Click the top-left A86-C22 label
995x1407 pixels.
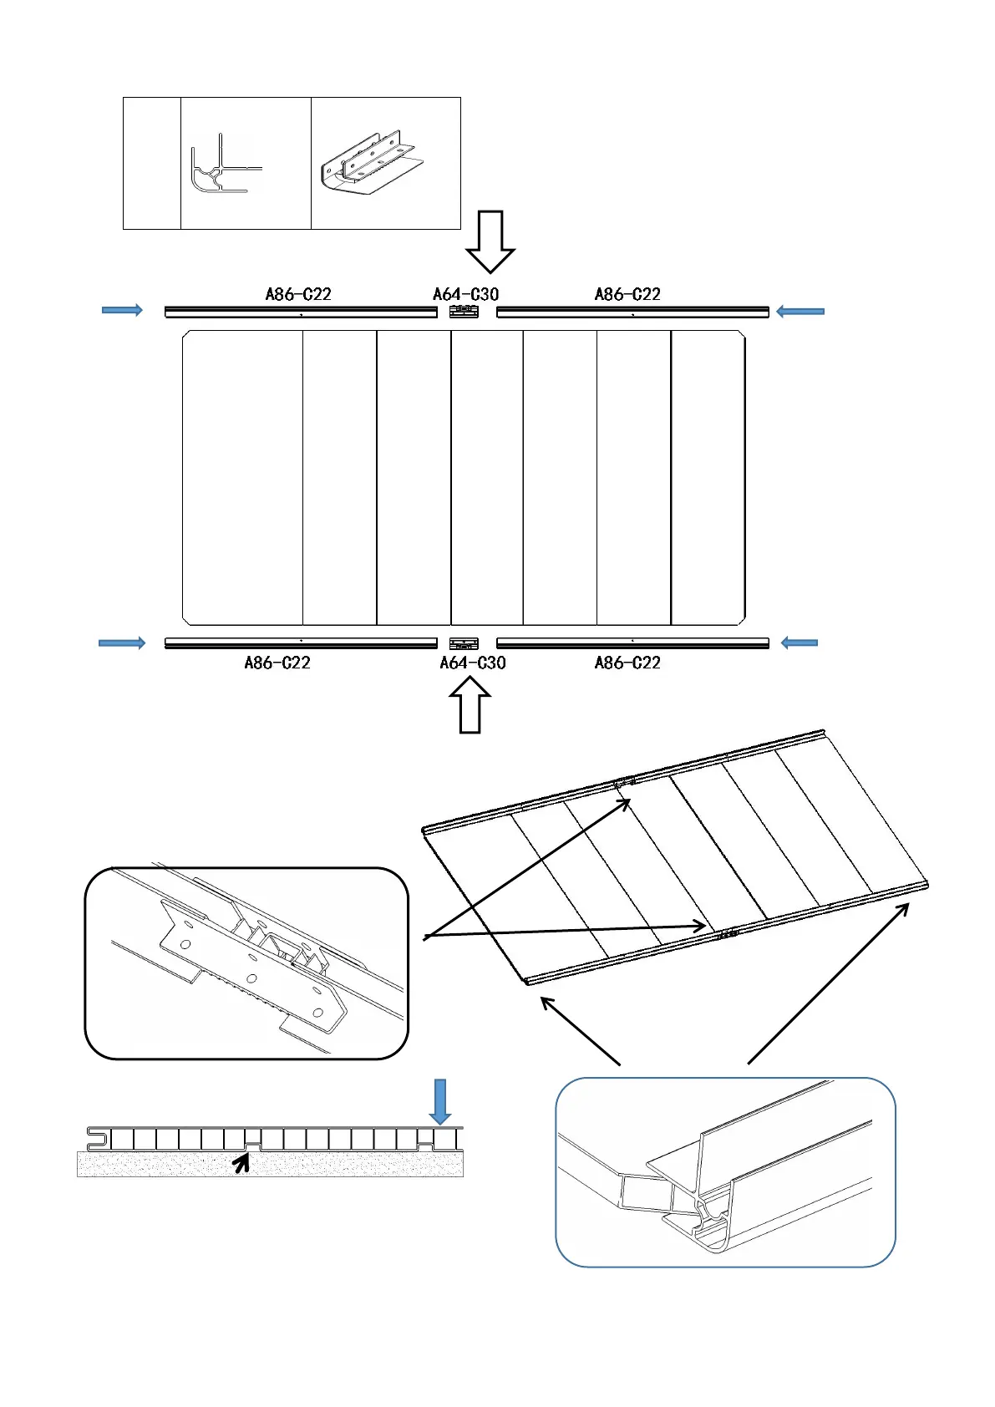[x=298, y=294]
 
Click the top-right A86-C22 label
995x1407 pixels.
[x=627, y=294]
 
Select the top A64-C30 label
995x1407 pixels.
[x=465, y=294]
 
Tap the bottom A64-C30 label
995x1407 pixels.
[x=473, y=663]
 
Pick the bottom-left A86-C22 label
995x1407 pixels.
[x=277, y=663]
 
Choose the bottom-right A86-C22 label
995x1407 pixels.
[x=627, y=663]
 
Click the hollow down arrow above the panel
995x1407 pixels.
[x=490, y=241]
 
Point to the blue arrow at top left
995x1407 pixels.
[x=122, y=310]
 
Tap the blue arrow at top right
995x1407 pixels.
[x=800, y=312]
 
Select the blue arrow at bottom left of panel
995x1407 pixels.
[x=122, y=643]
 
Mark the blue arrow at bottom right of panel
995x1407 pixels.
[x=799, y=643]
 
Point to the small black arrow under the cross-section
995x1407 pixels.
[x=242, y=1162]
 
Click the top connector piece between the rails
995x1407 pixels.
[x=464, y=312]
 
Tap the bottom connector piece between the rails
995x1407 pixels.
[x=464, y=643]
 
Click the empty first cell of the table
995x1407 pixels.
[x=152, y=163]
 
